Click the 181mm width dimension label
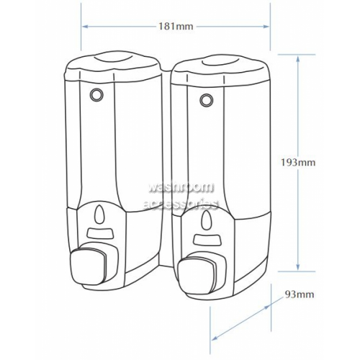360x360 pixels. (x=176, y=26)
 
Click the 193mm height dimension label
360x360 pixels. (x=298, y=163)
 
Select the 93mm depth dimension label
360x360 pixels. (x=300, y=294)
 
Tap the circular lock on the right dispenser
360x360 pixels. (x=205, y=99)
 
